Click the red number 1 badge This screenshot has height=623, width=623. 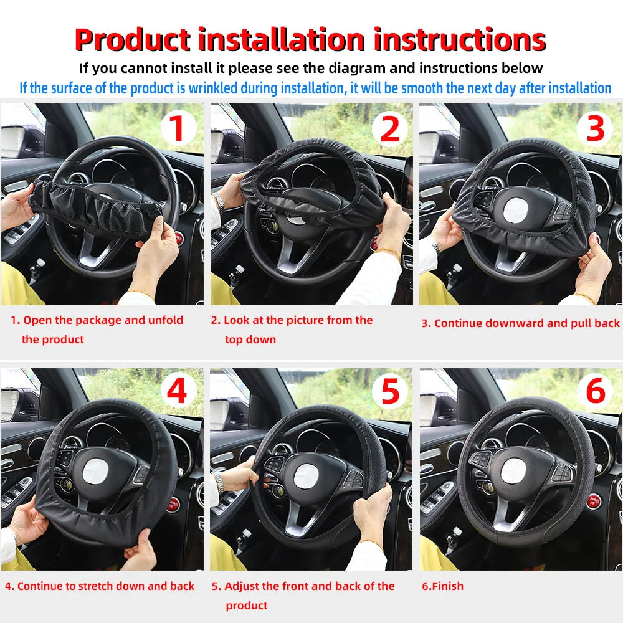pyautogui.click(x=178, y=129)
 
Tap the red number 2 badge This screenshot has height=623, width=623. pyautogui.click(x=389, y=129)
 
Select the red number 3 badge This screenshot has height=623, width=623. pyautogui.click(x=596, y=129)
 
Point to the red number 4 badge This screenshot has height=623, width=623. pyautogui.click(x=178, y=392)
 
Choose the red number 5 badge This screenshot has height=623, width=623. pyautogui.click(x=389, y=392)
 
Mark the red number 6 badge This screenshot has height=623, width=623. pyautogui.click(x=596, y=392)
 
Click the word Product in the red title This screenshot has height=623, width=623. pyautogui.click(x=131, y=40)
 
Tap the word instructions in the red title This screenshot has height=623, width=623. pyautogui.click(x=460, y=40)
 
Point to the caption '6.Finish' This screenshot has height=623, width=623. pyautogui.click(x=442, y=586)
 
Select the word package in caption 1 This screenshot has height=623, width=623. pyautogui.click(x=97, y=320)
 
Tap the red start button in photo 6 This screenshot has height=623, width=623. pyautogui.click(x=594, y=501)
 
